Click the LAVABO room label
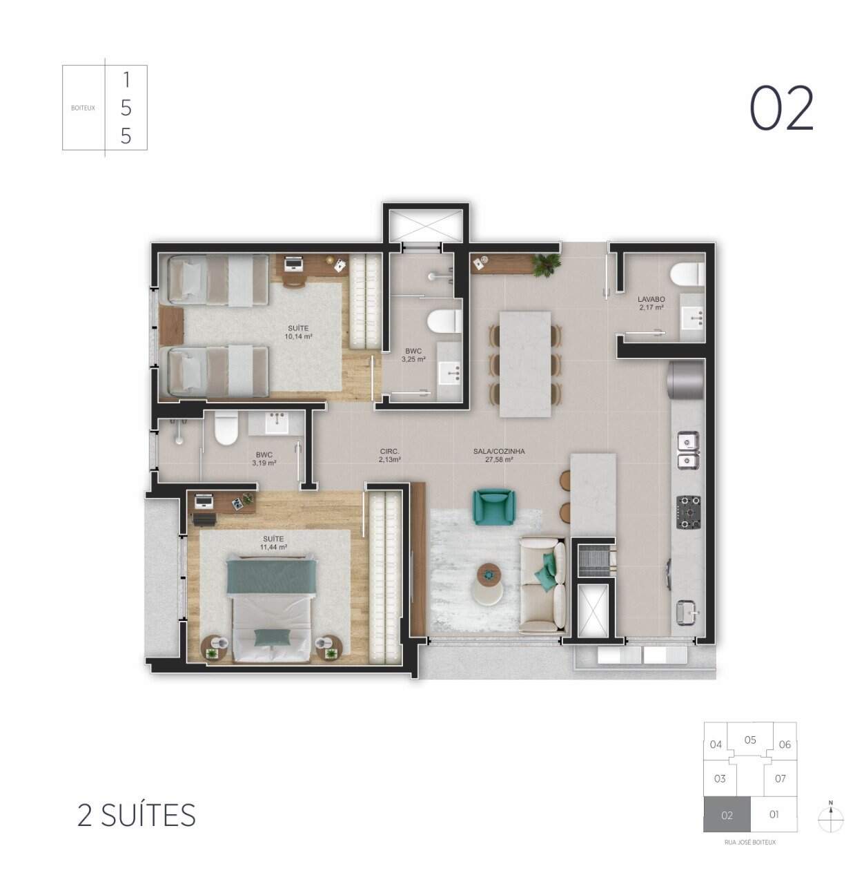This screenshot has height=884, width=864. [650, 299]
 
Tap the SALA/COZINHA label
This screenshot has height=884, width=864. [499, 451]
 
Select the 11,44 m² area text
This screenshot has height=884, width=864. [273, 547]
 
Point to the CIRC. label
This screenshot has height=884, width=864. [390, 451]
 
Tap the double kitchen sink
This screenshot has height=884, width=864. [687, 450]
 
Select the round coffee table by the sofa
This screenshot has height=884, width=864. [489, 573]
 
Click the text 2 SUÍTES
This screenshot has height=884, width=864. [137, 815]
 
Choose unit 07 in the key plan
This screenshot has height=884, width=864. [780, 778]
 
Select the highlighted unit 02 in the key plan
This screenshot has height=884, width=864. [726, 815]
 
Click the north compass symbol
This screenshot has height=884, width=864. [831, 818]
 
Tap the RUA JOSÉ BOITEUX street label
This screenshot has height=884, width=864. [750, 843]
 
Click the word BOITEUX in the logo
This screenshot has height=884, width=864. [83, 108]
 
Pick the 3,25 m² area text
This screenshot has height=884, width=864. [413, 359]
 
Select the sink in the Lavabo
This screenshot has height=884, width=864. [692, 319]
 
